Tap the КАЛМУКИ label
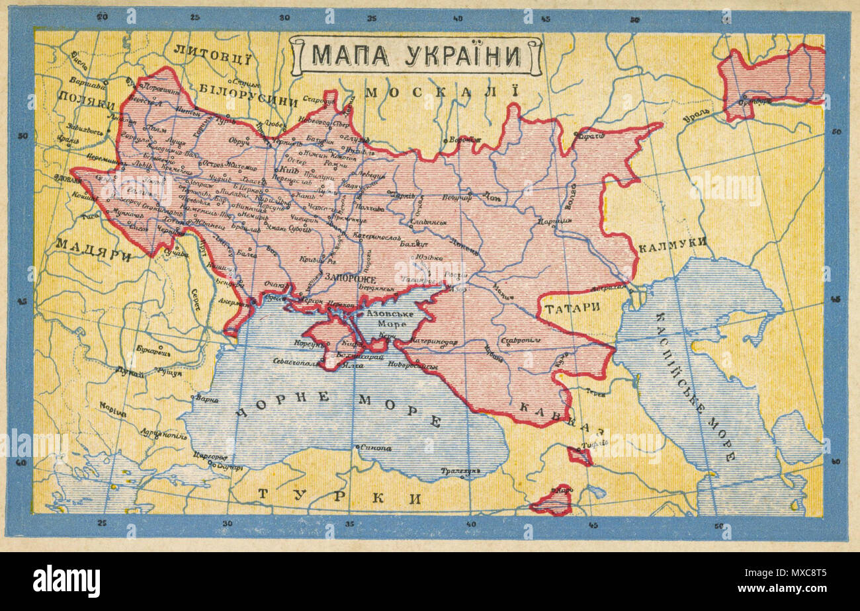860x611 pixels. [x=672, y=243]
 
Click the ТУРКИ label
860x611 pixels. [x=339, y=497]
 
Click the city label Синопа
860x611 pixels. [x=376, y=448]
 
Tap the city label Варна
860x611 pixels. [x=206, y=399]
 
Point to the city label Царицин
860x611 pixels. [x=554, y=221]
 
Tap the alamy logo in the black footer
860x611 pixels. [x=66, y=581]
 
